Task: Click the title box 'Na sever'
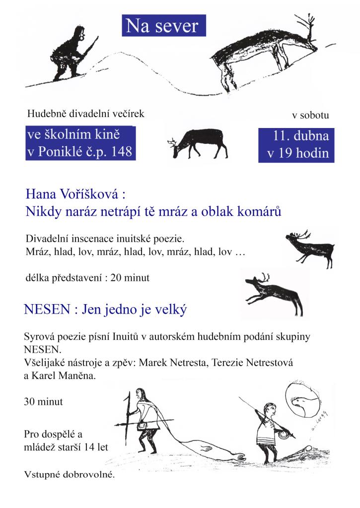(163, 26)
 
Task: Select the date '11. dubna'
(297, 135)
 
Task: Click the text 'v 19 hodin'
(297, 153)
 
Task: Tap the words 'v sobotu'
(310, 116)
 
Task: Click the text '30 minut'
(43, 402)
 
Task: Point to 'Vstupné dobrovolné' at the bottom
(70, 474)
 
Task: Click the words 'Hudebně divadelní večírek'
(85, 114)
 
